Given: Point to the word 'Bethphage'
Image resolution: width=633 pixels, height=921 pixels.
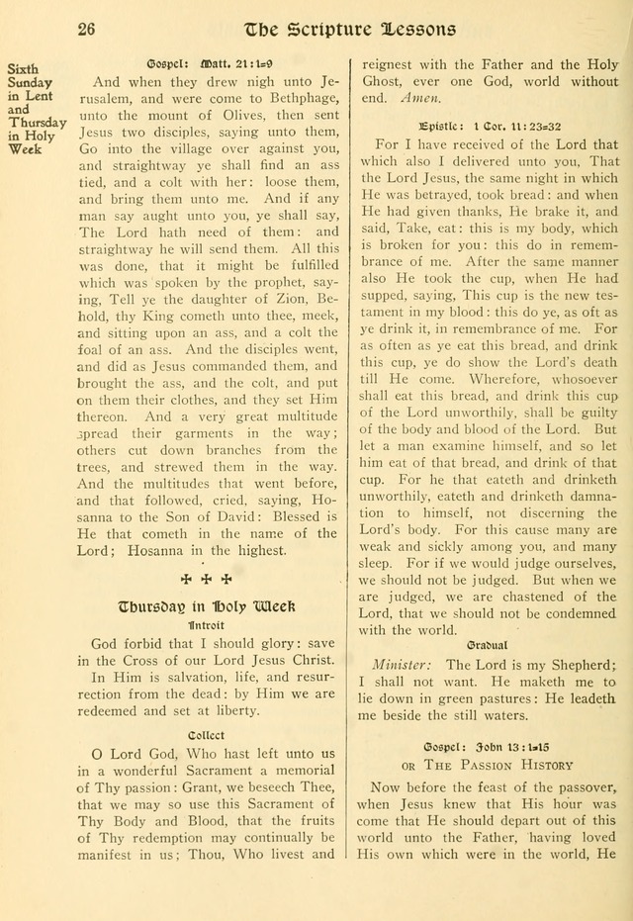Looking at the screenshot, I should click(296, 100).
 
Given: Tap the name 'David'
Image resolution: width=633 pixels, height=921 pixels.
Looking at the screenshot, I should click(231, 516).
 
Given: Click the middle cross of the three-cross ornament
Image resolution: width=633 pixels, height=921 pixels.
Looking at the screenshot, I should click(207, 579).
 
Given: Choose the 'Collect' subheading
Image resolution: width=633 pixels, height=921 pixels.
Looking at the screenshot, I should click(206, 735).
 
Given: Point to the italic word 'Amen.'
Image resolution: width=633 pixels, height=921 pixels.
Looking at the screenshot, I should click(423, 99).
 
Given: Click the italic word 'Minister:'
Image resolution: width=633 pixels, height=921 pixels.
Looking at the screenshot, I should click(401, 665).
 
